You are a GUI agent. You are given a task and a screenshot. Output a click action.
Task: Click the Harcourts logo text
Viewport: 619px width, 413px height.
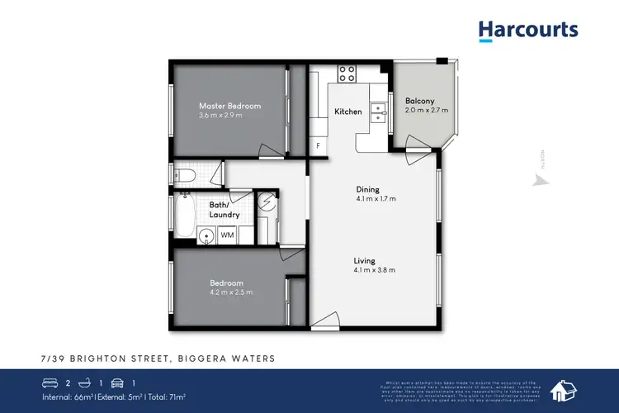[x=528, y=31]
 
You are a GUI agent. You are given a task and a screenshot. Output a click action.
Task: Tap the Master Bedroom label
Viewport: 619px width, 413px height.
[x=229, y=106]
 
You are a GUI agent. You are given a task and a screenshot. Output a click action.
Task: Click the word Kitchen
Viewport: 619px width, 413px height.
[x=347, y=111]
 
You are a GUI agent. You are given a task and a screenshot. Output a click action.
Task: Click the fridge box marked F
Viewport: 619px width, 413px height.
[x=318, y=146]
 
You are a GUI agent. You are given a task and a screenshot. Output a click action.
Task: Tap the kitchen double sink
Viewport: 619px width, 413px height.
[x=380, y=111]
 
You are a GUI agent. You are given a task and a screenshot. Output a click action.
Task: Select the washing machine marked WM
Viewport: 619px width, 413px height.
[x=226, y=235]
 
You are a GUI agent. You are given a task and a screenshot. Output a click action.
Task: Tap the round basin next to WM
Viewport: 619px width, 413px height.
[x=207, y=236]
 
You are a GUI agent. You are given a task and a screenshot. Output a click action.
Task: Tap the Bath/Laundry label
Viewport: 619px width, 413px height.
[x=224, y=210]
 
